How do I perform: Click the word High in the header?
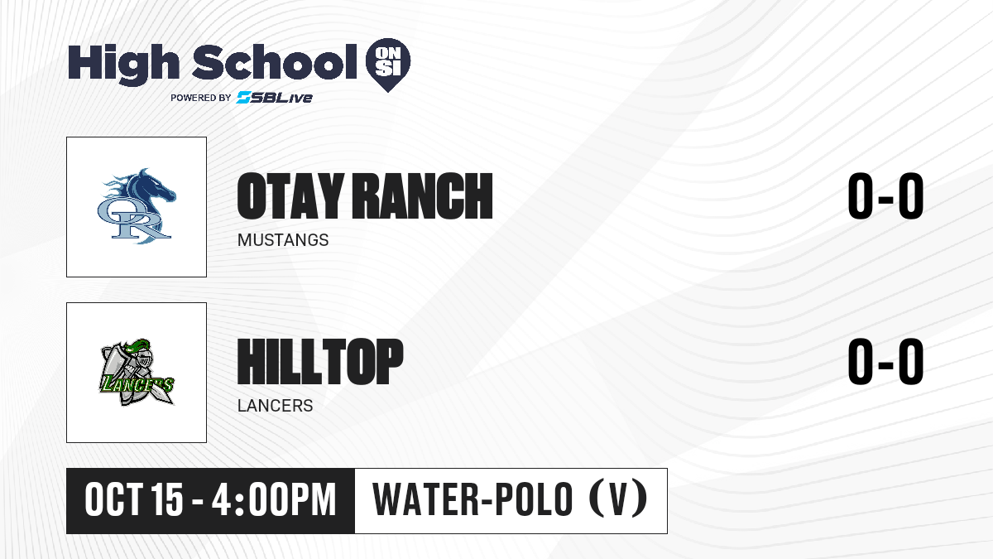click(123, 64)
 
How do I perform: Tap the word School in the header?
click(275, 62)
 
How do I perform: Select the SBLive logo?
click(275, 97)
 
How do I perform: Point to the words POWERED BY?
click(201, 98)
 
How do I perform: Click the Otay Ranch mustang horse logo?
click(137, 206)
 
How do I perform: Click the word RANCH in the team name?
click(422, 196)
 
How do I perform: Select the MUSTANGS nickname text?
click(283, 240)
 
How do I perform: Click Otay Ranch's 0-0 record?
click(885, 196)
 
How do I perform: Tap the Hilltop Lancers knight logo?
click(137, 373)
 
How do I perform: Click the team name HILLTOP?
click(320, 362)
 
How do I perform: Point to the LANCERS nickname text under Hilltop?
click(275, 406)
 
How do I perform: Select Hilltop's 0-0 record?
click(885, 362)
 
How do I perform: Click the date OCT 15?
click(133, 500)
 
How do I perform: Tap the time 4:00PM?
click(274, 500)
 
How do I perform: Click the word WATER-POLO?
click(473, 499)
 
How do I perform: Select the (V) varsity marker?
click(618, 499)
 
